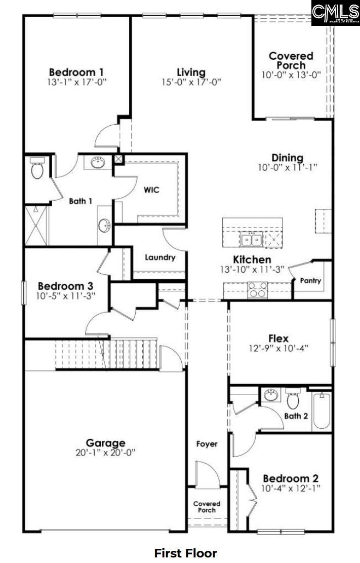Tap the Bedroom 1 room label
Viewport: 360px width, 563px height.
[77, 71]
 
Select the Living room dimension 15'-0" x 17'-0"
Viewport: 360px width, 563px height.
[191, 82]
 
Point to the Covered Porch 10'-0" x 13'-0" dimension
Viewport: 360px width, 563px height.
[291, 74]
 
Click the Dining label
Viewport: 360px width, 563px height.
[287, 158]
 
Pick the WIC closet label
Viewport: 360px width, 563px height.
[151, 190]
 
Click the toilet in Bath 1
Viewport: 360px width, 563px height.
[37, 169]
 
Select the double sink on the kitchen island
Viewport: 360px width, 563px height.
[251, 239]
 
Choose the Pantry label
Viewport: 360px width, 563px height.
[310, 280]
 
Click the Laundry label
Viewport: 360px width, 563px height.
[160, 257]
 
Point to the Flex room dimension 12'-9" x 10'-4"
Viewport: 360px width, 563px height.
[278, 348]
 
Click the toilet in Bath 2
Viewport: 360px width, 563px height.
[293, 399]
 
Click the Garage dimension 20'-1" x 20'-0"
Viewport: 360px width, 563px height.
[105, 453]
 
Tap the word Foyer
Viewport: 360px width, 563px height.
[207, 444]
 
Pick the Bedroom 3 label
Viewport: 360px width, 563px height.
[65, 286]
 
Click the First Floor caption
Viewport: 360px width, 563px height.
[185, 552]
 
